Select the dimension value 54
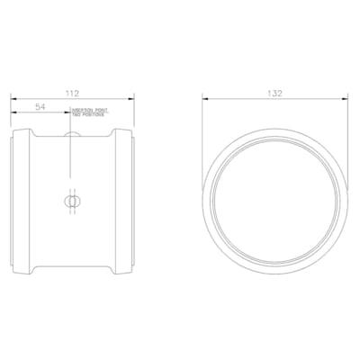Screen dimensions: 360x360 click(40, 107)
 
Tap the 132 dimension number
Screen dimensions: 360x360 click(274, 93)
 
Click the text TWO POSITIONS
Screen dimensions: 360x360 click(89, 117)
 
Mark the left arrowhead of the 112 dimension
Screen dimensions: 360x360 click(13, 98)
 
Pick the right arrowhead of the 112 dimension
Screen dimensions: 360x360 click(134, 98)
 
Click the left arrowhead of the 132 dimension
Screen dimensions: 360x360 click(204, 98)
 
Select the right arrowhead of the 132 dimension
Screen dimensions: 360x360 click(344, 98)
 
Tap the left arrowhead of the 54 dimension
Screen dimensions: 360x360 click(13, 112)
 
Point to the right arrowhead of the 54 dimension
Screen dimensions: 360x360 click(69, 112)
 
